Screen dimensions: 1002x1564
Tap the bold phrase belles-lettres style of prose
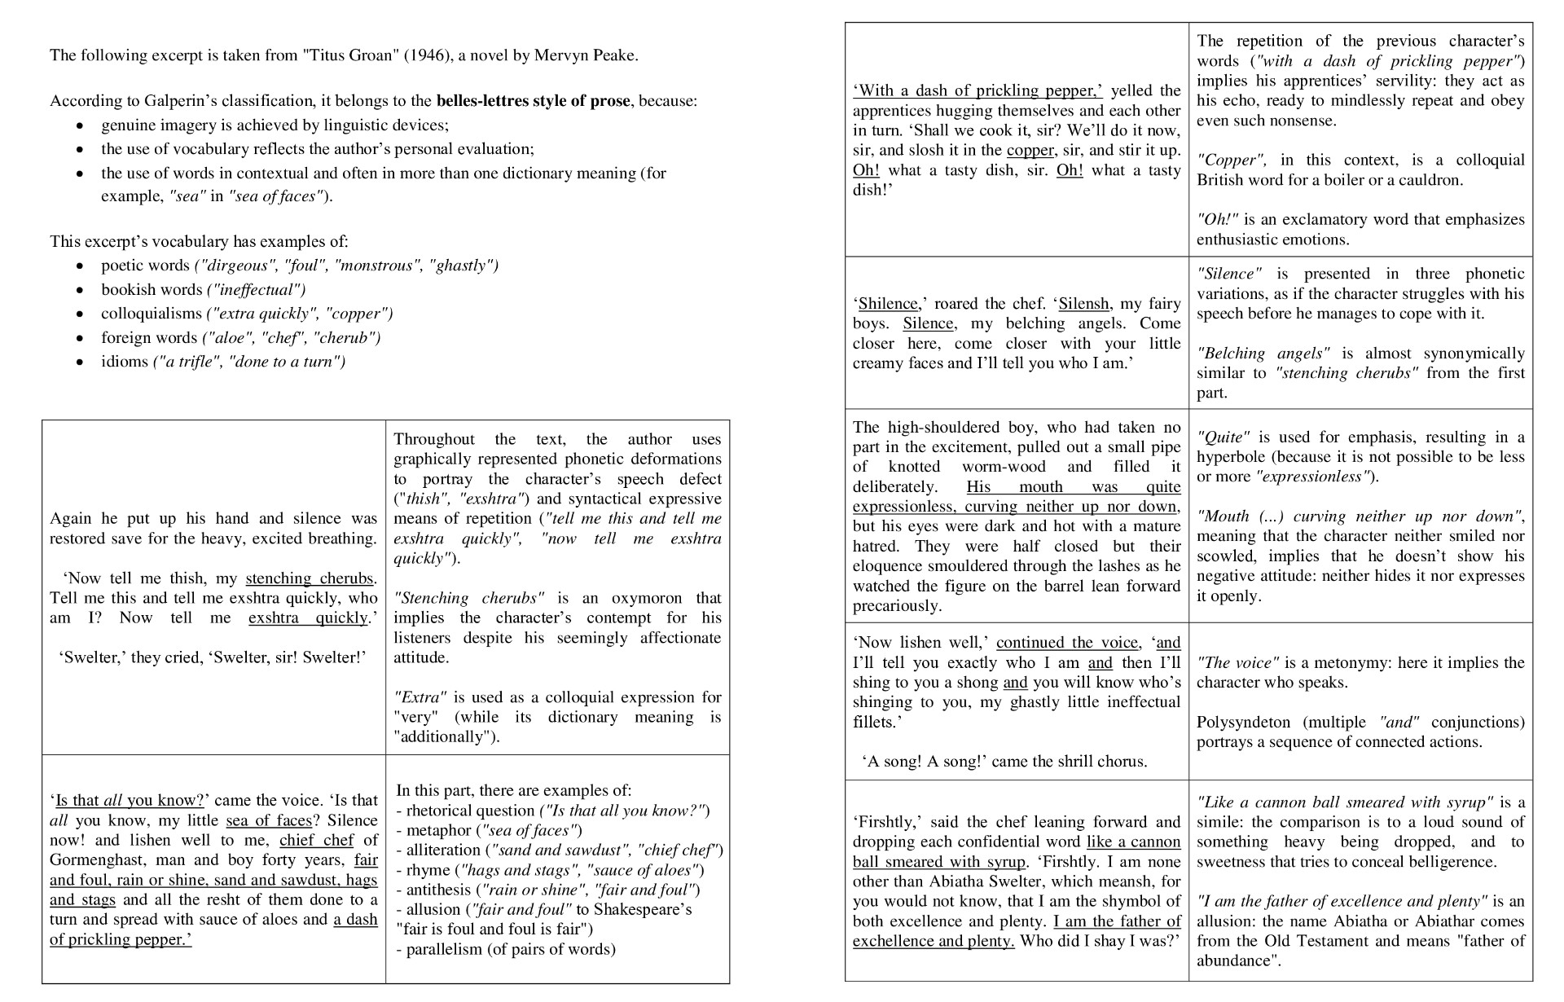533,101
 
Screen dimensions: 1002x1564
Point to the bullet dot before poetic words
79,266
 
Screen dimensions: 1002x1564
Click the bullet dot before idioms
79,362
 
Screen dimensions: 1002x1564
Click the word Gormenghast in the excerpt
99,860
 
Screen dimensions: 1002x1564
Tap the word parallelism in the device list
444,949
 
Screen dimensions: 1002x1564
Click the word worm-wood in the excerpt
1004,467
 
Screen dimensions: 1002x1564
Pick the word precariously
896,606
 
